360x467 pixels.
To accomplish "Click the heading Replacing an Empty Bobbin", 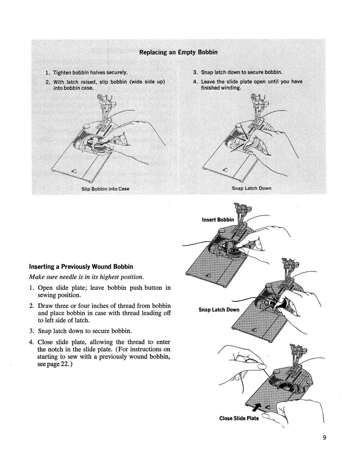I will click(178, 52).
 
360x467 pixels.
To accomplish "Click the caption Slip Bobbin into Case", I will click(105, 189).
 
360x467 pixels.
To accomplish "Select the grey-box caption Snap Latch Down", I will click(251, 188).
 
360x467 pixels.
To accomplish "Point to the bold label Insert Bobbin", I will click(218, 220).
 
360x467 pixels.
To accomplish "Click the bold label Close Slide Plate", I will click(239, 418).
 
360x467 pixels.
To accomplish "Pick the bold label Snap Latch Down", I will click(219, 310).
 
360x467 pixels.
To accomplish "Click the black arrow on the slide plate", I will click(256, 407).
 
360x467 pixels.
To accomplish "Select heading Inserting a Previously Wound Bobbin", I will click(81, 267).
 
